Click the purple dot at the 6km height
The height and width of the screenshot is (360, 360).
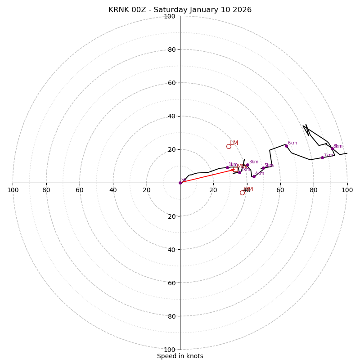click(x=286, y=146)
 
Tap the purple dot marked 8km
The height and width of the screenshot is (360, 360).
click(x=333, y=148)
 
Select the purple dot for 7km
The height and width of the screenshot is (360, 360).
click(x=322, y=157)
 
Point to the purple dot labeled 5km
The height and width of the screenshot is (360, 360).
click(x=263, y=168)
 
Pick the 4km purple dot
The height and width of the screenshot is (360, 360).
click(x=254, y=176)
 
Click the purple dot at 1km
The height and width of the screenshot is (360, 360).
click(x=227, y=167)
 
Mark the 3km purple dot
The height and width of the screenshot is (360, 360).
click(x=247, y=165)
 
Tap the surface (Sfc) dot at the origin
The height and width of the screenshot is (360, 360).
click(x=180, y=183)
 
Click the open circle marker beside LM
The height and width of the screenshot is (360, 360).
click(x=229, y=146)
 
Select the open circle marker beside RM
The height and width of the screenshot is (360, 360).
click(x=242, y=193)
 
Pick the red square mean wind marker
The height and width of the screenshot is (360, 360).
click(x=236, y=170)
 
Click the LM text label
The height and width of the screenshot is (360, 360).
click(x=234, y=143)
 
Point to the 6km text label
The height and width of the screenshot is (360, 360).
click(x=292, y=143)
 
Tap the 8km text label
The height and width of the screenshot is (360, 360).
click(x=338, y=146)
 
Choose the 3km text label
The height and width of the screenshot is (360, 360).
click(x=254, y=162)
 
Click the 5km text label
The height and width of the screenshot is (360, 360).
click(x=269, y=166)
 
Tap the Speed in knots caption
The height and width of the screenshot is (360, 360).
click(x=180, y=356)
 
